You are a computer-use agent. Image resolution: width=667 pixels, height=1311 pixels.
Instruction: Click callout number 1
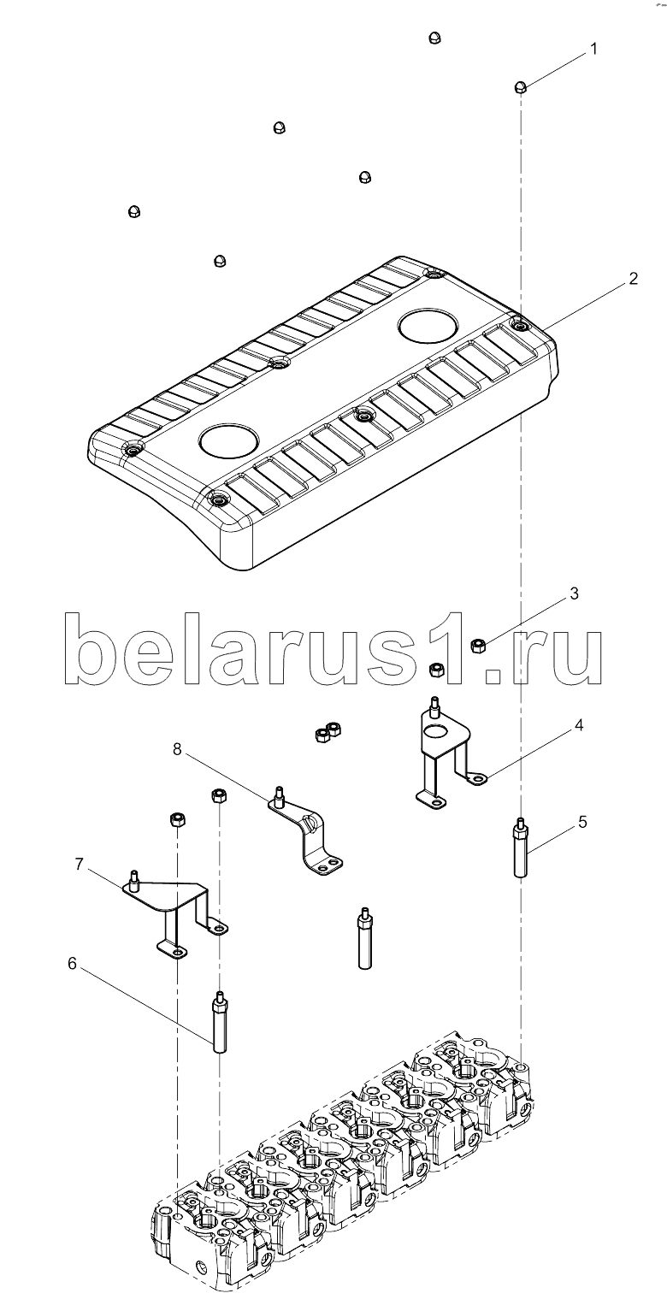pyautogui.click(x=593, y=49)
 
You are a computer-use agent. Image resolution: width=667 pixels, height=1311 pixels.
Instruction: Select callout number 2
pyautogui.click(x=633, y=279)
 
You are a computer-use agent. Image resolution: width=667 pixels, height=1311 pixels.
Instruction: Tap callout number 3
pyautogui.click(x=574, y=593)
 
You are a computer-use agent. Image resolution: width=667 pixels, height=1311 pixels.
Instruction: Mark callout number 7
pyautogui.click(x=79, y=864)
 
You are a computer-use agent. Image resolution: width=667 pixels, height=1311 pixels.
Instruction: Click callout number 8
pyautogui.click(x=177, y=748)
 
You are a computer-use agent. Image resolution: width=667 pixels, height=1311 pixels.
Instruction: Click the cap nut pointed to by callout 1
pyautogui.click(x=520, y=87)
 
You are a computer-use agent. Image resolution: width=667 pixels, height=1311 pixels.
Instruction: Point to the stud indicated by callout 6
pyautogui.click(x=219, y=1021)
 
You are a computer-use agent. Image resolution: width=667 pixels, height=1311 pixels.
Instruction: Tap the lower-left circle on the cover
pyautogui.click(x=228, y=439)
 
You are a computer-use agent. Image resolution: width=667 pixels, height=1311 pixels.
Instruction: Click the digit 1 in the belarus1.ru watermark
pyautogui.click(x=455, y=648)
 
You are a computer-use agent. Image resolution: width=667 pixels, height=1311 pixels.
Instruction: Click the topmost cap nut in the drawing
pyautogui.click(x=434, y=38)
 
